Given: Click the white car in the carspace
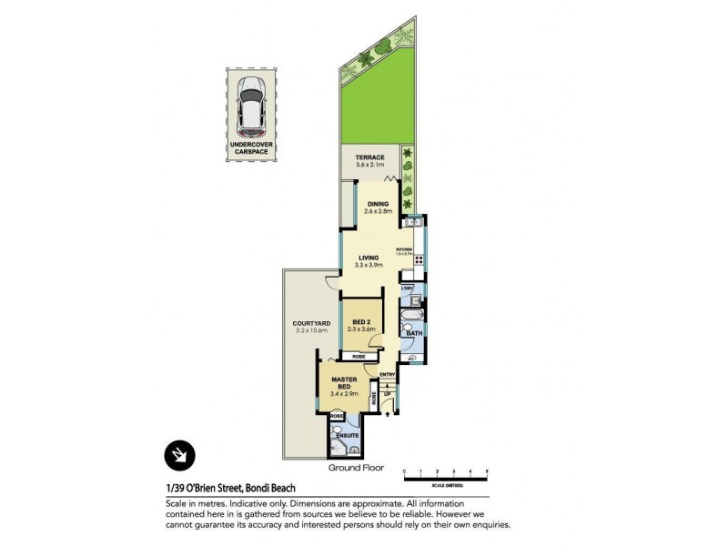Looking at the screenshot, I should [250, 102].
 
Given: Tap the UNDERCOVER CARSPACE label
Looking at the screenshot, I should [250, 148].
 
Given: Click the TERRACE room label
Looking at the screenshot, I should [370, 158].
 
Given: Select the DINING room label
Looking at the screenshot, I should [379, 204].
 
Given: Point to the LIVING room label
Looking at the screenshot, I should [369, 258].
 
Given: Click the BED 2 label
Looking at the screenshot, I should [361, 322].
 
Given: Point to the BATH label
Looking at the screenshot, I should [414, 334].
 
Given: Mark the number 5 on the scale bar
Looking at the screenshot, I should [488, 470].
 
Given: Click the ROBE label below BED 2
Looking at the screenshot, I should [359, 357].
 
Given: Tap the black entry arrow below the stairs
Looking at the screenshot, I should [389, 414].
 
